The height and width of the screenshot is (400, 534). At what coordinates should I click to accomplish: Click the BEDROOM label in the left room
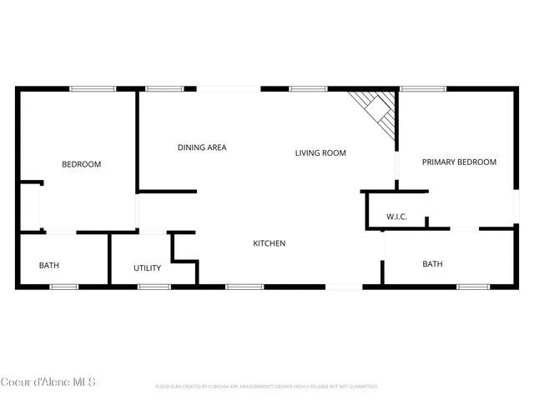pyautogui.click(x=81, y=164)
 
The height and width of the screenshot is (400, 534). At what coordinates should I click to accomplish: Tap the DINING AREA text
pyautogui.click(x=202, y=147)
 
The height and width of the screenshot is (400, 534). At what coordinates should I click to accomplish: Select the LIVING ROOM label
pyautogui.click(x=320, y=153)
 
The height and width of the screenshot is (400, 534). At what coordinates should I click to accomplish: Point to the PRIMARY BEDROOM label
pyautogui.click(x=459, y=162)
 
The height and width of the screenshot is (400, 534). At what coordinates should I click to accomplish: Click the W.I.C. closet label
pyautogui.click(x=396, y=217)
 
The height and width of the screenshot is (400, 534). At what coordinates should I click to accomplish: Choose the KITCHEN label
pyautogui.click(x=270, y=243)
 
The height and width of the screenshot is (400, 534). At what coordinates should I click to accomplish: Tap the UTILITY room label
pyautogui.click(x=148, y=268)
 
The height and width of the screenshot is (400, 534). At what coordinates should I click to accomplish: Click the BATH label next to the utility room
pyautogui.click(x=49, y=266)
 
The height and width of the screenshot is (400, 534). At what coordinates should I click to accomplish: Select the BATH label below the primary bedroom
pyautogui.click(x=432, y=264)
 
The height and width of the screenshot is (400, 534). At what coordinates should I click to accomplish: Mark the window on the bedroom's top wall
pyautogui.click(x=93, y=88)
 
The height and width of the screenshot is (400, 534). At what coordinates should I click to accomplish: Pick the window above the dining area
pyautogui.click(x=164, y=88)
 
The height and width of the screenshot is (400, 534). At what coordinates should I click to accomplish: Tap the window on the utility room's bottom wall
pyautogui.click(x=154, y=287)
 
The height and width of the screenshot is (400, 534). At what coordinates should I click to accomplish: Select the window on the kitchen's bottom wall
pyautogui.click(x=244, y=287)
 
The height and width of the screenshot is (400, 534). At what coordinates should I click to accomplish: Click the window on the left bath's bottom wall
pyautogui.click(x=64, y=287)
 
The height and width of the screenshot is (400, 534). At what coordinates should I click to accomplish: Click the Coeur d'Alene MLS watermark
pyautogui.click(x=48, y=382)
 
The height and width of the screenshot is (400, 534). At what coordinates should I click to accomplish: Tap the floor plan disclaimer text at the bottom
pyautogui.click(x=267, y=387)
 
